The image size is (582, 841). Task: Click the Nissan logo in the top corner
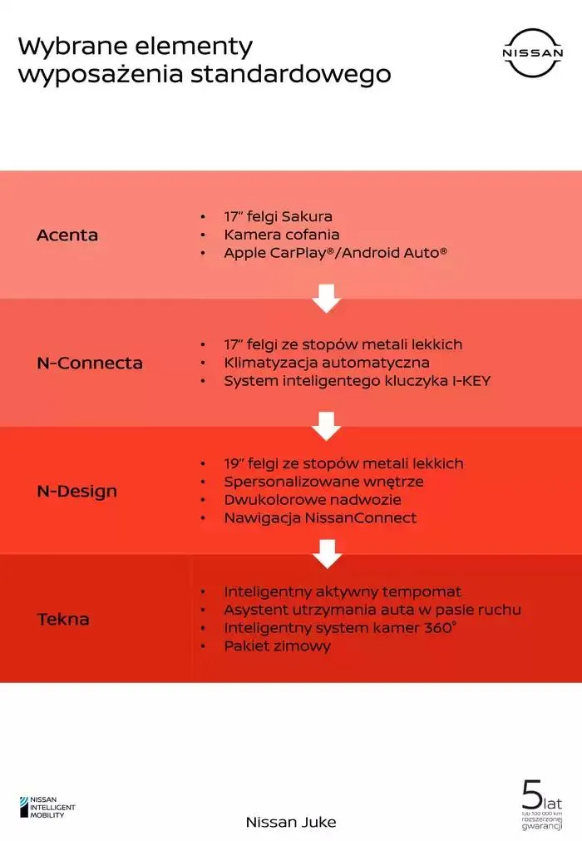(x=533, y=52)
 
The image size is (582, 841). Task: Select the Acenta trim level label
(x=67, y=235)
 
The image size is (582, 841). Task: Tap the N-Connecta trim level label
(x=90, y=364)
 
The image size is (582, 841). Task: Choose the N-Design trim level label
(x=77, y=492)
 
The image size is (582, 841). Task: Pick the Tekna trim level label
(x=63, y=620)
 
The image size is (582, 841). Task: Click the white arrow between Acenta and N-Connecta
(x=327, y=298)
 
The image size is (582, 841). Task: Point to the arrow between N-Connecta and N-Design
(x=327, y=427)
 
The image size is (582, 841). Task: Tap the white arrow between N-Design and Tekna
(x=327, y=554)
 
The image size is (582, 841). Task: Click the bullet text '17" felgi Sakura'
(x=279, y=216)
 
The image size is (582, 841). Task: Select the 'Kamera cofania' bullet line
(x=282, y=235)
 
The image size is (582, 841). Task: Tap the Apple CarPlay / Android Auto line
(x=335, y=253)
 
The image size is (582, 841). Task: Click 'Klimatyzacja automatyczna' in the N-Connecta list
(x=327, y=363)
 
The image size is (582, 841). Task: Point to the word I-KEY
(x=471, y=381)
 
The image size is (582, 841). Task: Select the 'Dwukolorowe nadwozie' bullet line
(x=313, y=500)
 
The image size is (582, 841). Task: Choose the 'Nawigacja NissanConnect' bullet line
(x=320, y=518)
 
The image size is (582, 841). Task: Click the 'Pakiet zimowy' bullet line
(x=278, y=646)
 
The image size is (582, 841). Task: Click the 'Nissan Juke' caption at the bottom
(x=291, y=822)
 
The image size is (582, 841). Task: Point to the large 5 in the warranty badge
(x=533, y=795)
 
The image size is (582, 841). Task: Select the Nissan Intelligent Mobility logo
(x=47, y=807)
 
